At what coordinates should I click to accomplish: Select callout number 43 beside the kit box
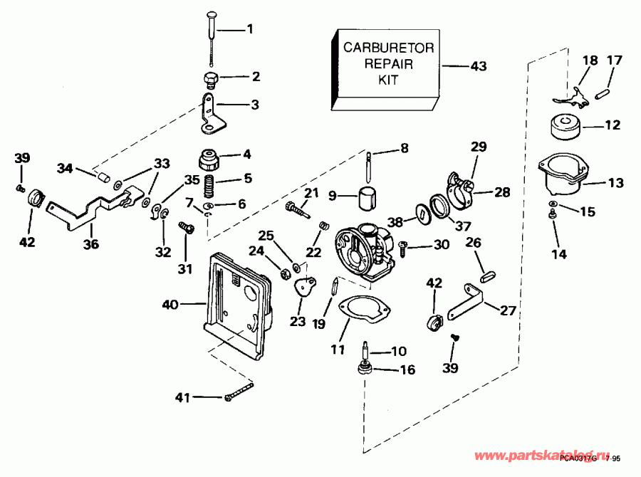point(478,66)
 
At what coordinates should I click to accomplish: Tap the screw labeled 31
point(188,229)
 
